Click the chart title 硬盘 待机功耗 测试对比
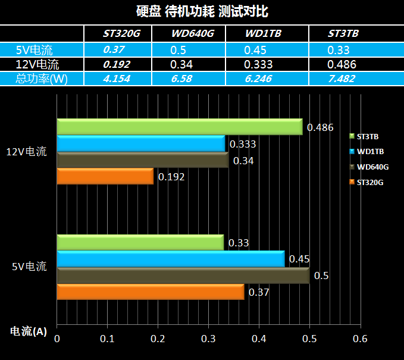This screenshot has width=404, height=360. click(202, 11)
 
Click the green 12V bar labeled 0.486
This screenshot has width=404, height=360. click(179, 127)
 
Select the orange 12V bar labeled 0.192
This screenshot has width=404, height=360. click(105, 177)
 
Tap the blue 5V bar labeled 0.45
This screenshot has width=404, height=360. click(170, 259)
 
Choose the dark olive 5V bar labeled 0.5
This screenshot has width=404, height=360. click(183, 276)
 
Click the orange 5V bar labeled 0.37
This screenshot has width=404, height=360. click(150, 292)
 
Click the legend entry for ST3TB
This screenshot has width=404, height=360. click(367, 137)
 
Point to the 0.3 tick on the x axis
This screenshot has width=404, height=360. click(208, 339)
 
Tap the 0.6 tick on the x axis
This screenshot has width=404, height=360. click(360, 339)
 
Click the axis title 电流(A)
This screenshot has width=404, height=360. click(29, 331)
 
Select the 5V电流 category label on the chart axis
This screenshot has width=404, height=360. click(29, 267)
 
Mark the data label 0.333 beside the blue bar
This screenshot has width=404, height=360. click(243, 144)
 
